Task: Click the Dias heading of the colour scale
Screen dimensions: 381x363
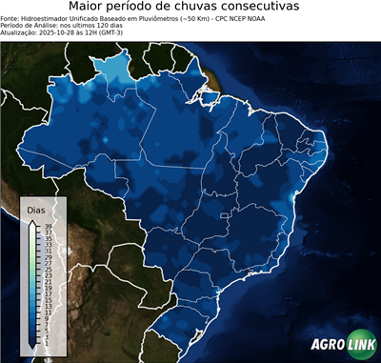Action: pos(36,209)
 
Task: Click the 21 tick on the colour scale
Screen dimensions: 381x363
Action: pos(49,279)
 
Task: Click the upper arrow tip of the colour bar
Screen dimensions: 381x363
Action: pos(33,221)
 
